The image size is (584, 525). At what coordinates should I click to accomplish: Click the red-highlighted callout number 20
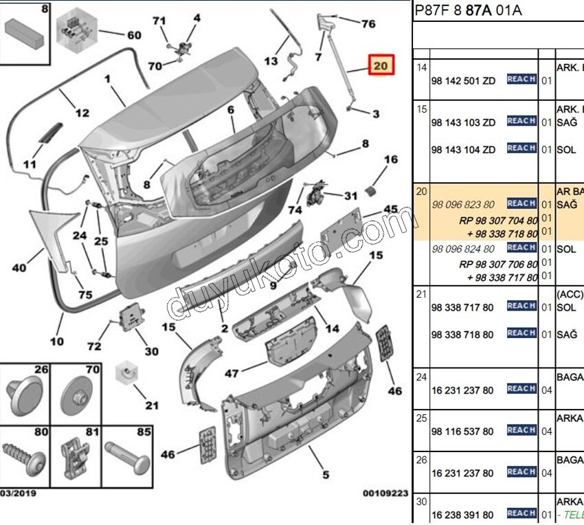point(381,66)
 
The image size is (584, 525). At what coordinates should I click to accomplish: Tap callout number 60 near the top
point(133,36)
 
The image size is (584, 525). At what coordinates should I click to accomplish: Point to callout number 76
point(368,24)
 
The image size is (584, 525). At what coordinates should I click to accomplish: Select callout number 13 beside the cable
point(271,61)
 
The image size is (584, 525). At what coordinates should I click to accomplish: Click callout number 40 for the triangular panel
point(19,268)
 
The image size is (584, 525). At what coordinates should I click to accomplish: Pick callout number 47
point(232,374)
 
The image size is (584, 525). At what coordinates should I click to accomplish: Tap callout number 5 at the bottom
point(326,474)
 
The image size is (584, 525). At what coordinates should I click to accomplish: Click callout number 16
point(390,160)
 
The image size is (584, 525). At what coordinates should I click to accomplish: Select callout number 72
point(94,347)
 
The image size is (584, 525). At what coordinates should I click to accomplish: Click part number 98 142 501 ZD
point(462,80)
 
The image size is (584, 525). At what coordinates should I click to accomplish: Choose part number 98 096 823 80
point(462,204)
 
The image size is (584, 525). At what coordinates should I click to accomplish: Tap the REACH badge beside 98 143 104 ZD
point(521,148)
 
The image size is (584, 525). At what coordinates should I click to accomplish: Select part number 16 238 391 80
point(462,515)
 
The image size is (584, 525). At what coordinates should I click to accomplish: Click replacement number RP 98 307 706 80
point(498,262)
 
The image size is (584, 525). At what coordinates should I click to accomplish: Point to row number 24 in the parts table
point(421,377)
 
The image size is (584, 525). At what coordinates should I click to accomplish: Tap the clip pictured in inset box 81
point(75,456)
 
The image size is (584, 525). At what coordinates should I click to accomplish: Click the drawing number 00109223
point(385,493)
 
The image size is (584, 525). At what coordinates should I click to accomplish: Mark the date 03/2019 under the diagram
point(19,493)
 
